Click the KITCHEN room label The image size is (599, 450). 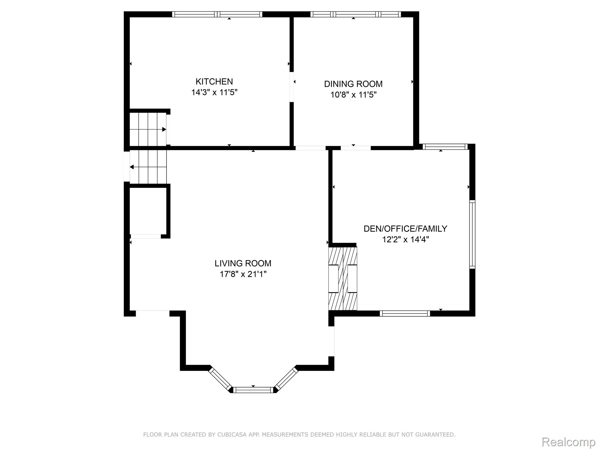pos(214,81)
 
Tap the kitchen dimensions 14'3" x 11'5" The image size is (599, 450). pos(214,93)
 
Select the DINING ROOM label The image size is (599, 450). pos(353,84)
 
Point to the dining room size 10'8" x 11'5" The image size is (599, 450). pos(353,95)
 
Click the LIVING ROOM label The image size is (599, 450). pos(243,263)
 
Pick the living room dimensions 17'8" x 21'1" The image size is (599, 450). pos(243,274)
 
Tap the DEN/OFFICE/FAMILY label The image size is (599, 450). pos(405,229)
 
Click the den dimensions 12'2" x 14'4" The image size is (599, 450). pos(405,240)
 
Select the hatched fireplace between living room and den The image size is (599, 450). pos(343,279)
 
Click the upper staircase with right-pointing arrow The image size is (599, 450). pos(148,129)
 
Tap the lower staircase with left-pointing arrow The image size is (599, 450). pos(148,167)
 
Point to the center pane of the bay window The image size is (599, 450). pos(253,390)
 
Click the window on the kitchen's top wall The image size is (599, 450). pos(217,14)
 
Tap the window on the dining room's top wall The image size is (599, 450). pos(355,14)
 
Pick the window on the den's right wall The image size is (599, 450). pos(472,234)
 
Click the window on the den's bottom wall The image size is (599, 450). pos(405,313)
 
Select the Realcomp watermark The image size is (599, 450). pos(568,442)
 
